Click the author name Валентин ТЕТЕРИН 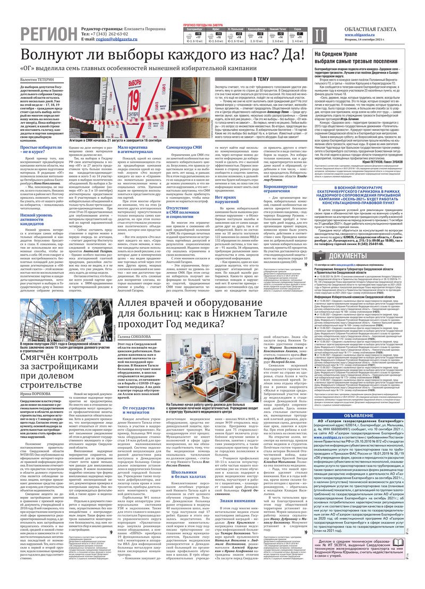point(36,79)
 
